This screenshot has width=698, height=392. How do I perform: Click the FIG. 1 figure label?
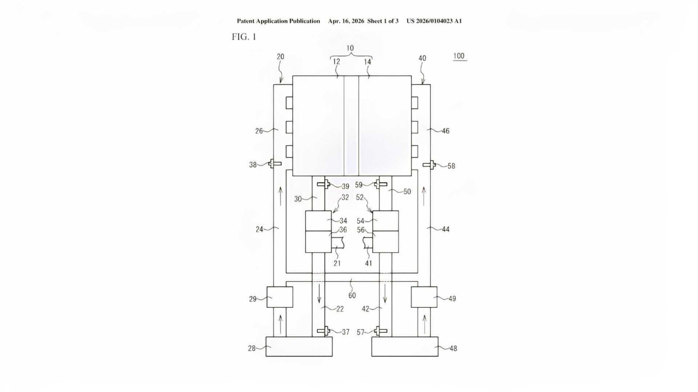coord(244,37)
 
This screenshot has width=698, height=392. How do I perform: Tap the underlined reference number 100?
coord(459,56)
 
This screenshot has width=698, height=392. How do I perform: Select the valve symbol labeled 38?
coord(275,164)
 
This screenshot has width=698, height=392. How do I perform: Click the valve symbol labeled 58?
coord(429,165)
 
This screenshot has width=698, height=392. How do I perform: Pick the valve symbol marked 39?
coord(323,184)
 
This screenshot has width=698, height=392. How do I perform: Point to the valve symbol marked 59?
coord(381,184)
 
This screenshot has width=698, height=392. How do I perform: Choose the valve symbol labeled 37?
coord(323,331)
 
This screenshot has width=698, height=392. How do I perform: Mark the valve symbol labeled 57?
coord(381,331)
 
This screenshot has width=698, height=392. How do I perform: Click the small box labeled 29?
coord(280,297)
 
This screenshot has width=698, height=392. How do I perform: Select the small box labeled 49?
coord(424,297)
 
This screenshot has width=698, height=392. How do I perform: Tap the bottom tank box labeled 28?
coord(299,346)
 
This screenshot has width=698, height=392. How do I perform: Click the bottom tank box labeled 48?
coord(405,346)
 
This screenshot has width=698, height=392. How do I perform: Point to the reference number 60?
coord(352,295)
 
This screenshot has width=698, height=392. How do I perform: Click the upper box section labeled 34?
coord(318,221)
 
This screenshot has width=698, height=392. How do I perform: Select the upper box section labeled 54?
coord(386,221)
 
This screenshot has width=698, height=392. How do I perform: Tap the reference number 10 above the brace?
coord(350,48)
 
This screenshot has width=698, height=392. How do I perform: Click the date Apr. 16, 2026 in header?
coord(346,21)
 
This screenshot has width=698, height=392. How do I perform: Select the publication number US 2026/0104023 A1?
coord(434,21)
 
